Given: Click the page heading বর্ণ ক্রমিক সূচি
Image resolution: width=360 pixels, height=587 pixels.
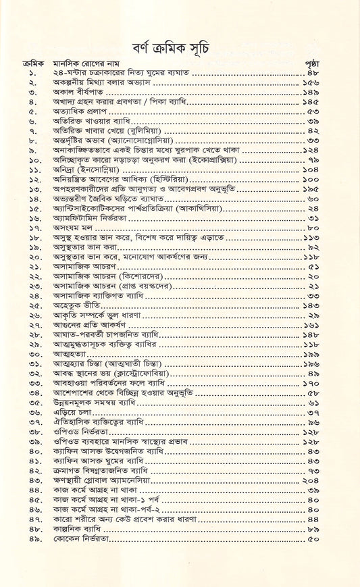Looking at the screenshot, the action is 179,31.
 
